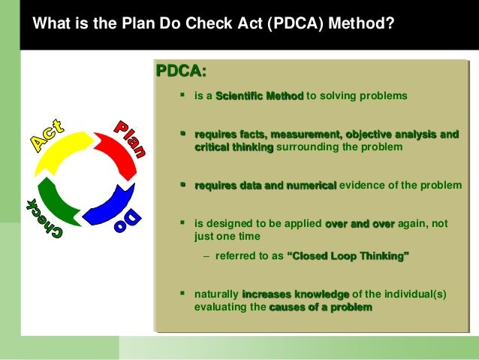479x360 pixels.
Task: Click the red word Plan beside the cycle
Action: tap(129, 137)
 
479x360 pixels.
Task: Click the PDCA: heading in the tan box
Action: tap(180, 71)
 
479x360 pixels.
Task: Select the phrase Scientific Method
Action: tap(259, 96)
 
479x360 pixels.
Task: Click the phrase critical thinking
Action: tap(233, 147)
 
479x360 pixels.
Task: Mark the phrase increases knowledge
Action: tap(295, 294)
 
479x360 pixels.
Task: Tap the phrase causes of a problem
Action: tap(320, 307)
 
